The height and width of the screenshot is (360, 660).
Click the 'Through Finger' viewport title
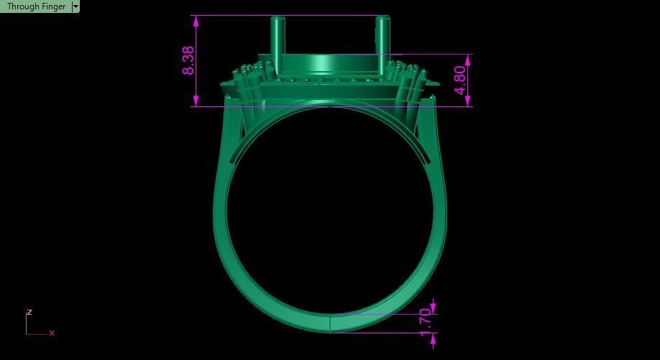click(36, 6)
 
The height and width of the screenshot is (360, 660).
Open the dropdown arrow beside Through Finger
click(75, 6)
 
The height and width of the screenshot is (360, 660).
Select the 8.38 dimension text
click(188, 60)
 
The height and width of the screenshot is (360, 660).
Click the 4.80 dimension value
click(460, 80)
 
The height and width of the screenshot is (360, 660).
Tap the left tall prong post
click(278, 43)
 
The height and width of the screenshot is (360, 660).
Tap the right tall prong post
click(382, 43)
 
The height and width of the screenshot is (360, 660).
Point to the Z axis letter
click(29, 313)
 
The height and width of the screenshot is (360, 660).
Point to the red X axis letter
click(52, 333)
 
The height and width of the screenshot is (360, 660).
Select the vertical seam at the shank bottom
click(330, 323)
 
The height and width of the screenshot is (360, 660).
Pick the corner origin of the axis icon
click(27, 333)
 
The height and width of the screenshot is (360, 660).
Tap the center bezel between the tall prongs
click(330, 65)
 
